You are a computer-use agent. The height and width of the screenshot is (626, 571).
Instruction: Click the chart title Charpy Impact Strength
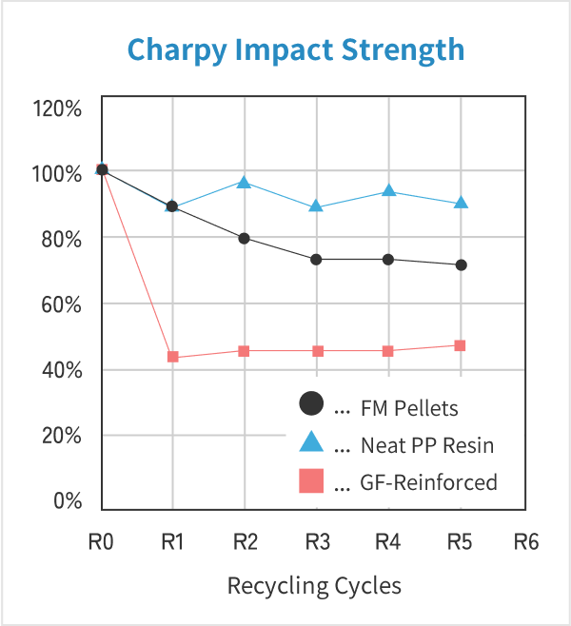[296, 49]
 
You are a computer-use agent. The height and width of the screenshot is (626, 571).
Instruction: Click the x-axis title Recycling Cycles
[314, 584]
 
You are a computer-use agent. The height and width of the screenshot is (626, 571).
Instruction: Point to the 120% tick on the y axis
[58, 108]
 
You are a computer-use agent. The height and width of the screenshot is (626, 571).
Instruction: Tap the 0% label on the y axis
[67, 501]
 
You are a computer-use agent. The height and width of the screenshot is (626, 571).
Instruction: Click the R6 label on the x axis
[526, 542]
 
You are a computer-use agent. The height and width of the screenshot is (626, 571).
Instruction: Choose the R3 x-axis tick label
[317, 542]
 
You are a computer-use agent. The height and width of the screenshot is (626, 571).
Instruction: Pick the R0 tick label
[102, 542]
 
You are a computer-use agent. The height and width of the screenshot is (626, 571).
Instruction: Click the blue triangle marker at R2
[245, 182]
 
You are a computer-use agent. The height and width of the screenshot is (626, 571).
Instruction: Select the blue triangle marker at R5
[461, 203]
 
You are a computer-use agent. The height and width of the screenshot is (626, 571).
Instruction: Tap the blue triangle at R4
[388, 190]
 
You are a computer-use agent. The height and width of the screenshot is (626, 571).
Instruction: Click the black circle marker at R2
[245, 238]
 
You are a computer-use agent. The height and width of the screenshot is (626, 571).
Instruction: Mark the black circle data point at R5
[461, 264]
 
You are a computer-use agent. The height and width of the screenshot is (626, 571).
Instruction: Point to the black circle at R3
[316, 259]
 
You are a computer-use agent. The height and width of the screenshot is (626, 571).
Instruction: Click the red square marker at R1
[173, 357]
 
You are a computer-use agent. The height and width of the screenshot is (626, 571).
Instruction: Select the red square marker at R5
[461, 345]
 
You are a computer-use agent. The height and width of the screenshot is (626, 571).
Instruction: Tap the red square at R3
[316, 351]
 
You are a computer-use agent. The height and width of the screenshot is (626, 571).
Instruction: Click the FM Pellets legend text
[409, 408]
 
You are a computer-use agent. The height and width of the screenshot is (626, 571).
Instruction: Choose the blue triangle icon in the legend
[311, 442]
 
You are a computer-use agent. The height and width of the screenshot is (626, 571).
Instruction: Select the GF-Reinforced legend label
[428, 482]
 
